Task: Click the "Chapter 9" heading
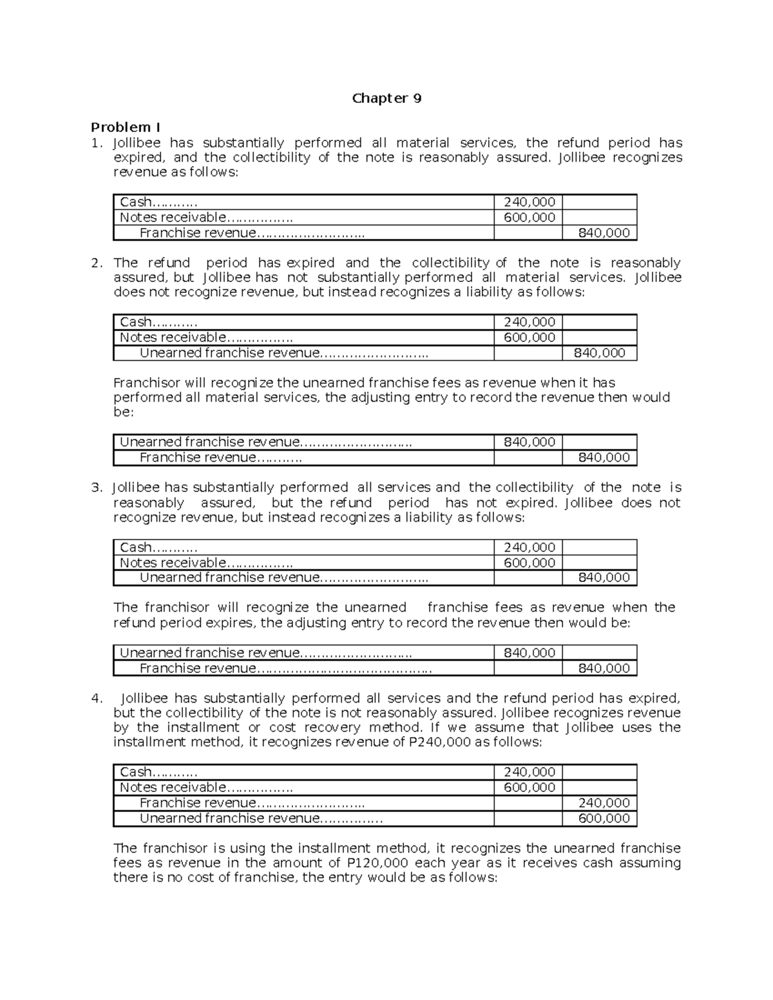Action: (386, 99)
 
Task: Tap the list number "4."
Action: (97, 698)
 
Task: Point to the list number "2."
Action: (97, 263)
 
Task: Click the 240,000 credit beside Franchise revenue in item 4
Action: (604, 803)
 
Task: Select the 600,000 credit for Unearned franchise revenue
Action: (604, 818)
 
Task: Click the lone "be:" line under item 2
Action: (124, 412)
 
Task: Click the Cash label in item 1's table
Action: (136, 202)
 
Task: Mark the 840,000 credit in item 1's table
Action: (604, 233)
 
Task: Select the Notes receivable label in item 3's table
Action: (173, 563)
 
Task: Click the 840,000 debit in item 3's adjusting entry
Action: (529, 653)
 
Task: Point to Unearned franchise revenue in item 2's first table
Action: (229, 353)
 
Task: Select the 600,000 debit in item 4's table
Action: (529, 788)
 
